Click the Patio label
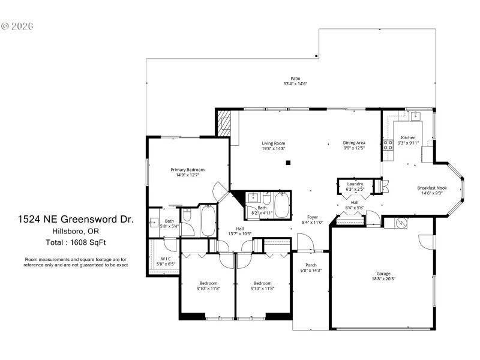click(295, 78)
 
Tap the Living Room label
click(273, 143)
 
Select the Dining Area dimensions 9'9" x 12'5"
click(354, 148)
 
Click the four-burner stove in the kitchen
click(388, 144)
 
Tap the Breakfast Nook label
click(432, 188)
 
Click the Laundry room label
click(355, 184)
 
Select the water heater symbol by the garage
click(400, 223)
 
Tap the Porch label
click(311, 265)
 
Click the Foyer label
click(312, 217)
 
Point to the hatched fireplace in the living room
click(223, 121)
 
